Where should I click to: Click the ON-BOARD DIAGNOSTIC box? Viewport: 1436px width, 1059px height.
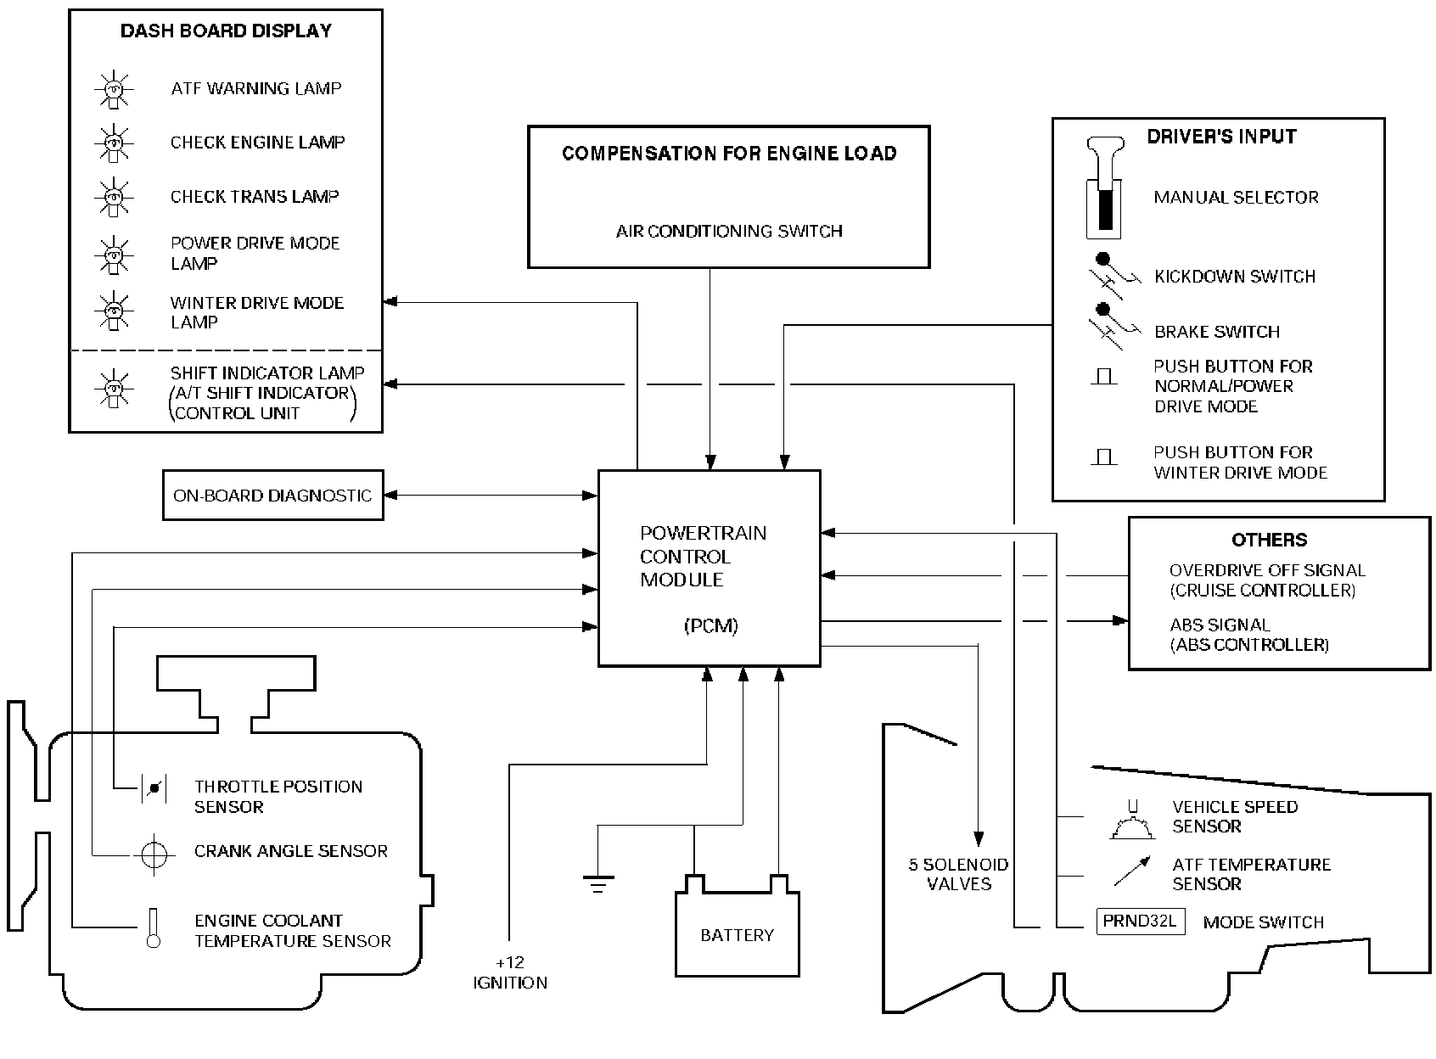[x=272, y=496]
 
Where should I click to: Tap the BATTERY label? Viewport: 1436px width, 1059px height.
[x=737, y=935]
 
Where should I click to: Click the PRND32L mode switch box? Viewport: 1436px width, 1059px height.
[x=1140, y=922]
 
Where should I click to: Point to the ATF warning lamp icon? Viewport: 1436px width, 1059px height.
[x=113, y=89]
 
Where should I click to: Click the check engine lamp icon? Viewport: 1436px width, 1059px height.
[x=113, y=143]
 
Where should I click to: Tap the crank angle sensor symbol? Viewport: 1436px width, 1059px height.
[x=153, y=854]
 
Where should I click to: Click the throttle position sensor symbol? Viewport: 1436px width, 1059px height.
[x=154, y=788]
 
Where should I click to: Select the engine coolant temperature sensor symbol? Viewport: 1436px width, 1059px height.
[x=154, y=928]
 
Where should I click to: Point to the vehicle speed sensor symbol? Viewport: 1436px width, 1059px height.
[x=1132, y=821]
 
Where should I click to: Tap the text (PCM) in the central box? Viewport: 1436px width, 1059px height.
[x=710, y=626]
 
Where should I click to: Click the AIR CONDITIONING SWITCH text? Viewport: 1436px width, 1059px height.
[x=729, y=231]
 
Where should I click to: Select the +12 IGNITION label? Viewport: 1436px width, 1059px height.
[x=510, y=972]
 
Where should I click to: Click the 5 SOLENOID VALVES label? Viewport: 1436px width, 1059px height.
[x=959, y=874]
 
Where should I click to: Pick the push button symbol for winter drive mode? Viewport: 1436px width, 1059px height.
[x=1103, y=458]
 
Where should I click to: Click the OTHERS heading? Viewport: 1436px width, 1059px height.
[x=1269, y=540]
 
